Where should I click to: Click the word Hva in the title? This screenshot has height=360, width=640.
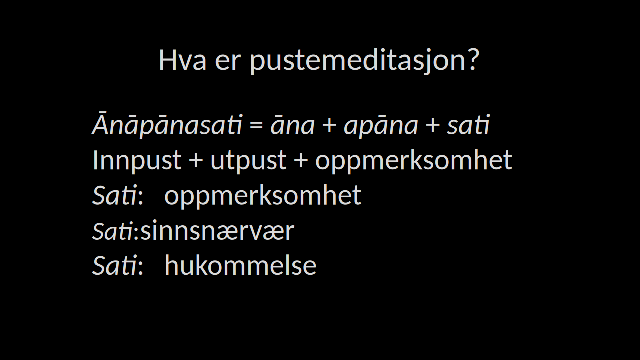[x=182, y=60]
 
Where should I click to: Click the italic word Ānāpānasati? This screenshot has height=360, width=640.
[x=167, y=125]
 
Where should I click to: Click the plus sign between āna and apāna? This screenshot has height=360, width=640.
[x=329, y=125]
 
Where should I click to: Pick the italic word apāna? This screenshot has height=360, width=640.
[x=381, y=127]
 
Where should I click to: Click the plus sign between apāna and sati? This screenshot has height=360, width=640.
[x=432, y=125]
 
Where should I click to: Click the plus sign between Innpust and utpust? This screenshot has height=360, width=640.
[x=196, y=160]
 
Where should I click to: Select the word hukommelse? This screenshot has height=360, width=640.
[x=241, y=265]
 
